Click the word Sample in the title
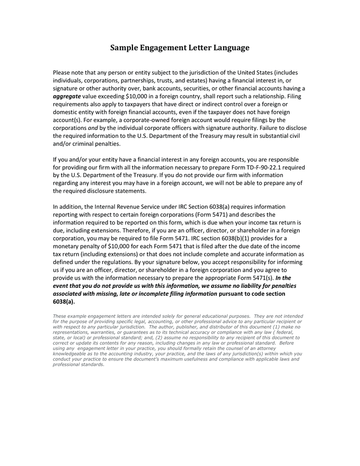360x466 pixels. [x=125, y=48]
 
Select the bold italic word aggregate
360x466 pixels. [x=67, y=96]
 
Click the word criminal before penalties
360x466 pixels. [x=90, y=144]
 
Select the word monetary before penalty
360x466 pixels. [x=68, y=246]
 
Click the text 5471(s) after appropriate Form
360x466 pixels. [x=261, y=278]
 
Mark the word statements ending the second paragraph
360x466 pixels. [x=129, y=191]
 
